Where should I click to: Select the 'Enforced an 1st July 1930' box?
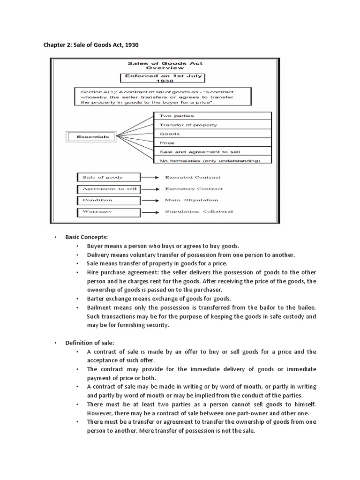165,78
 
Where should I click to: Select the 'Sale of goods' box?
108,177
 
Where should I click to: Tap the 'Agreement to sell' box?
108,189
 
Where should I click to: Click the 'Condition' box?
108,200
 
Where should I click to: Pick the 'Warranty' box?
108,212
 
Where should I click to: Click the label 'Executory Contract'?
194,189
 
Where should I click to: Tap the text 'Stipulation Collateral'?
199,212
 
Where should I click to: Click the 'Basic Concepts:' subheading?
87,237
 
